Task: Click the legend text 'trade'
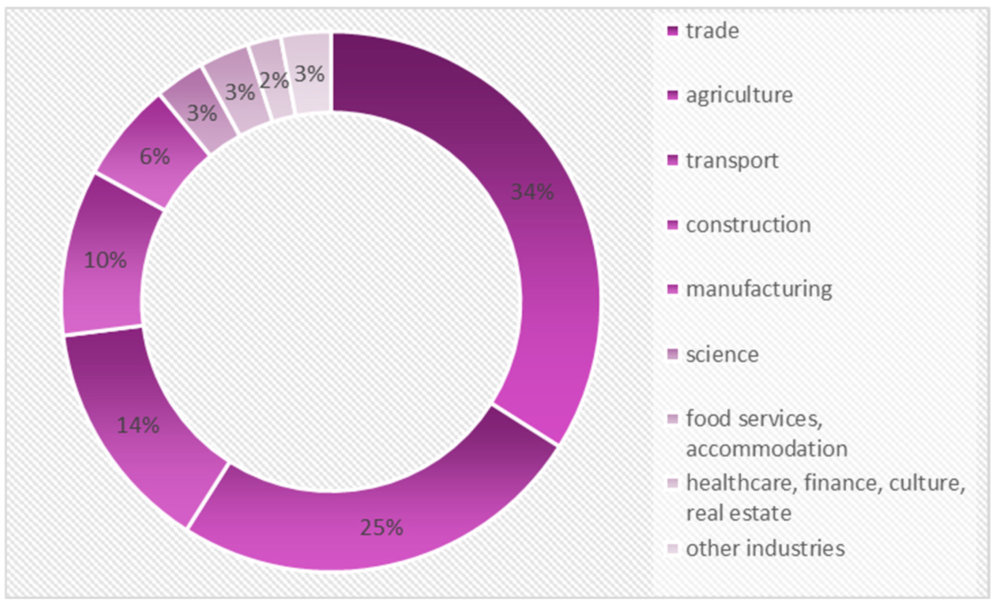pyautogui.click(x=712, y=31)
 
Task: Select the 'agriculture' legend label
pyautogui.click(x=739, y=96)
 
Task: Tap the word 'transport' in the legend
pyautogui.click(x=732, y=161)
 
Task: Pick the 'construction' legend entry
pyautogui.click(x=748, y=225)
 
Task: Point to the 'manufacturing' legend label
pyautogui.click(x=759, y=290)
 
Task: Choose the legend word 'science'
pyautogui.click(x=722, y=355)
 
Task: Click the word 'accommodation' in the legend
pyautogui.click(x=767, y=449)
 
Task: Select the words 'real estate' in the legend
pyautogui.click(x=739, y=513)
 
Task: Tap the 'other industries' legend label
pyautogui.click(x=765, y=549)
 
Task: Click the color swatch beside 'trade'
pyautogui.click(x=673, y=31)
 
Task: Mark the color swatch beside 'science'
pyautogui.click(x=673, y=355)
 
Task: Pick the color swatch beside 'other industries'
pyautogui.click(x=673, y=549)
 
